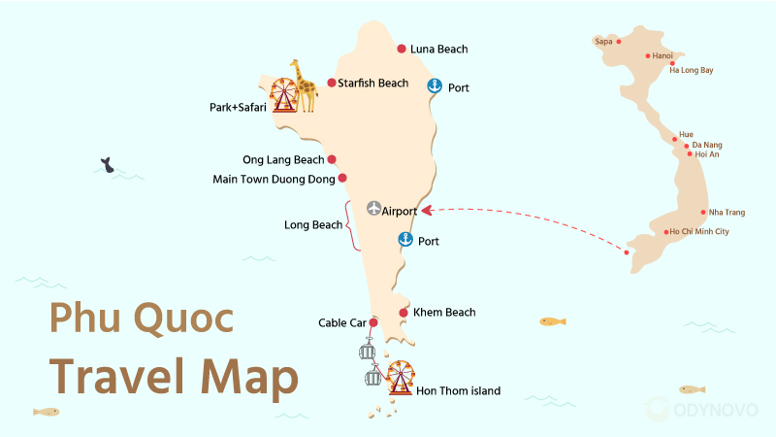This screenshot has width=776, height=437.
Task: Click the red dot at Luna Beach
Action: (x=402, y=49)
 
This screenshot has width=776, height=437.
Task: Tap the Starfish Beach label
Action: (x=373, y=84)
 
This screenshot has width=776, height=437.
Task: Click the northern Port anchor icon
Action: (x=435, y=85)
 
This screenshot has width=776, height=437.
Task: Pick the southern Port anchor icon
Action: (x=405, y=240)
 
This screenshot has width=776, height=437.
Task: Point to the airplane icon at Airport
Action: (x=374, y=209)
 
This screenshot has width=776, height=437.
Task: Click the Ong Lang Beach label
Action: (x=283, y=160)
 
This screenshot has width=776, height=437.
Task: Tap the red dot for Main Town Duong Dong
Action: (x=341, y=178)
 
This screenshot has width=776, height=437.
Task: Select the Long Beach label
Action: (x=313, y=225)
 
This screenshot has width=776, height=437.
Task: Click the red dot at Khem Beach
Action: (x=404, y=312)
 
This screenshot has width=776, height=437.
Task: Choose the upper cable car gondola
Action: (x=368, y=353)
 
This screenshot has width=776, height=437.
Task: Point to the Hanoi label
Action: (x=663, y=56)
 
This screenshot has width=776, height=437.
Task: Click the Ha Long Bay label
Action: (x=692, y=71)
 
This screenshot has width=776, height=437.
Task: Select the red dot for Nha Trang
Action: (x=704, y=212)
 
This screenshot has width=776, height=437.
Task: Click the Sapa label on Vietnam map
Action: (x=603, y=42)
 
